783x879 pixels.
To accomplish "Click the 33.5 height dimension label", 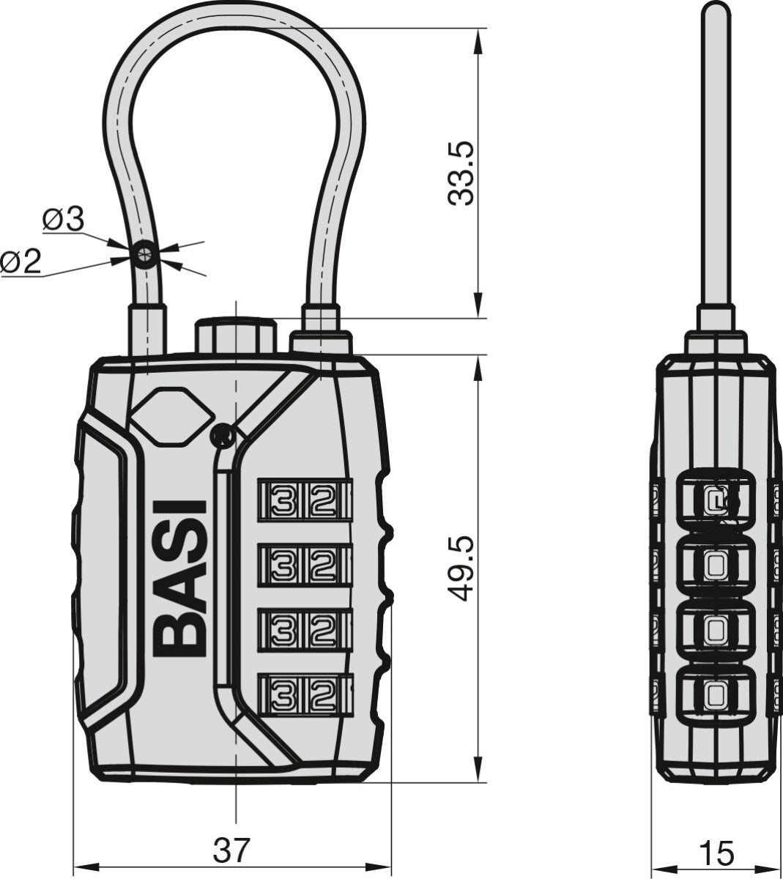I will pyautogui.click(x=463, y=174).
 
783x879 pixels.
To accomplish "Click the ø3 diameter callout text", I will pyautogui.click(x=64, y=220).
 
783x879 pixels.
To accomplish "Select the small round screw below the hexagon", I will pyautogui.click(x=222, y=437).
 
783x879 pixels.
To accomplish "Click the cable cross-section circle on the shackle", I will pyautogui.click(x=144, y=253).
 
